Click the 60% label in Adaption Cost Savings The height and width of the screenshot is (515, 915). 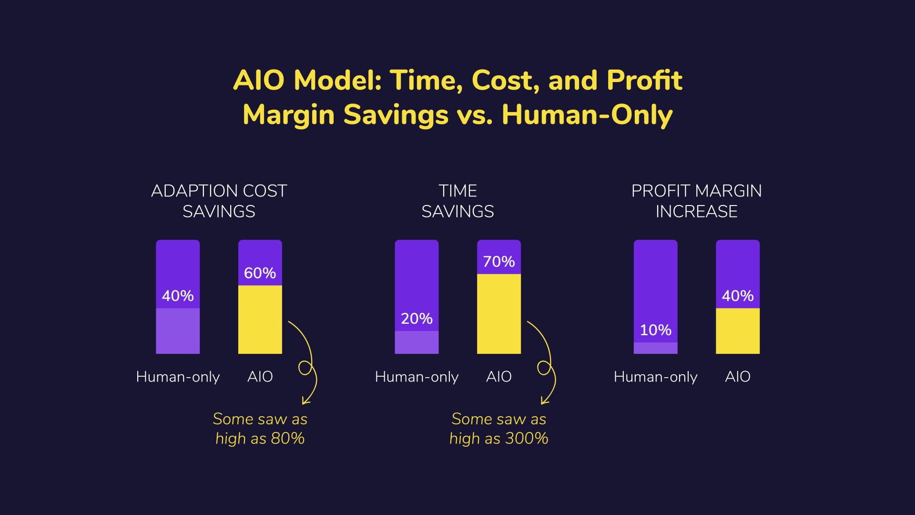[260, 273]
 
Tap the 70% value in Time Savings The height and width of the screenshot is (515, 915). [498, 261]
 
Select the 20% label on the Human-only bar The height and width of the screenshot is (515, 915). [417, 319]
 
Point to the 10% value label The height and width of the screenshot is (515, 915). [655, 330]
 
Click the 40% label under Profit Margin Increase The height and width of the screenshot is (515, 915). [737, 296]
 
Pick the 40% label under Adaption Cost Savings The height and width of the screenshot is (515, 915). [178, 296]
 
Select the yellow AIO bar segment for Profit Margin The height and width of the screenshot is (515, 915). [737, 331]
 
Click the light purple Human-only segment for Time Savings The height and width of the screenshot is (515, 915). [417, 342]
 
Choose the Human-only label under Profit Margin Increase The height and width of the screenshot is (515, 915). [655, 377]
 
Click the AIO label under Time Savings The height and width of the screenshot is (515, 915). [498, 377]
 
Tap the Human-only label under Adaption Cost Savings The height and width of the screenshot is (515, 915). [178, 377]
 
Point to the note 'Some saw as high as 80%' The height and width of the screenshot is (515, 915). [260, 428]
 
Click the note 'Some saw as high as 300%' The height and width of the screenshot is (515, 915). [498, 428]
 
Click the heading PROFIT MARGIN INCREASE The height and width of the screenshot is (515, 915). [696, 201]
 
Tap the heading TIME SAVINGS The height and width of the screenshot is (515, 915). [457, 201]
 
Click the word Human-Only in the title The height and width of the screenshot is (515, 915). [587, 115]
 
